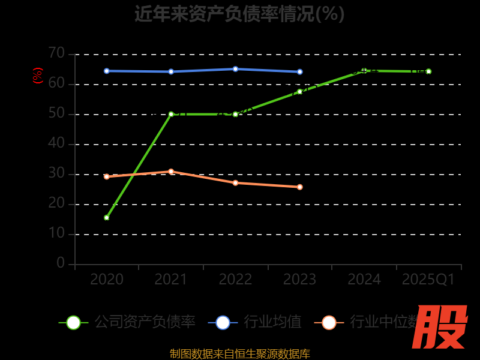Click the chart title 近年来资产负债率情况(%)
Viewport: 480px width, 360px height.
point(239,14)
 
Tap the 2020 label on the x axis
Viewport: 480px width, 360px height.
point(107,280)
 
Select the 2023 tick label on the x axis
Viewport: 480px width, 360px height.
point(299,280)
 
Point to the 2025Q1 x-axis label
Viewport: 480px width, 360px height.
point(428,280)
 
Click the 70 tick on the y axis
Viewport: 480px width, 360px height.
point(56,53)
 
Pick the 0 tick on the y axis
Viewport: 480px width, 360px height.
point(61,263)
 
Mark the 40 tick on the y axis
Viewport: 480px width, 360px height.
point(56,143)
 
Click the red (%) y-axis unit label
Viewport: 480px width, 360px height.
point(38,76)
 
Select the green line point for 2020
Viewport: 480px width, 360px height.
point(107,218)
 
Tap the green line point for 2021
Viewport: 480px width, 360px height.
point(171,114)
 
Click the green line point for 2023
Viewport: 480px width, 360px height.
point(299,91)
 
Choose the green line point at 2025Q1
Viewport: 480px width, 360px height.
point(428,71)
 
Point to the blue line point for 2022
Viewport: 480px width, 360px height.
point(235,69)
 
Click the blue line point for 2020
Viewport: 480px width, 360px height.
point(107,71)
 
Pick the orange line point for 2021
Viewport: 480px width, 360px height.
point(171,172)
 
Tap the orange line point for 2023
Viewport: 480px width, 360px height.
point(299,187)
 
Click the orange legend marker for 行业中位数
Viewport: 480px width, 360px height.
point(329,322)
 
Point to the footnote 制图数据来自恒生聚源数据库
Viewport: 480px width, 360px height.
point(239,353)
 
